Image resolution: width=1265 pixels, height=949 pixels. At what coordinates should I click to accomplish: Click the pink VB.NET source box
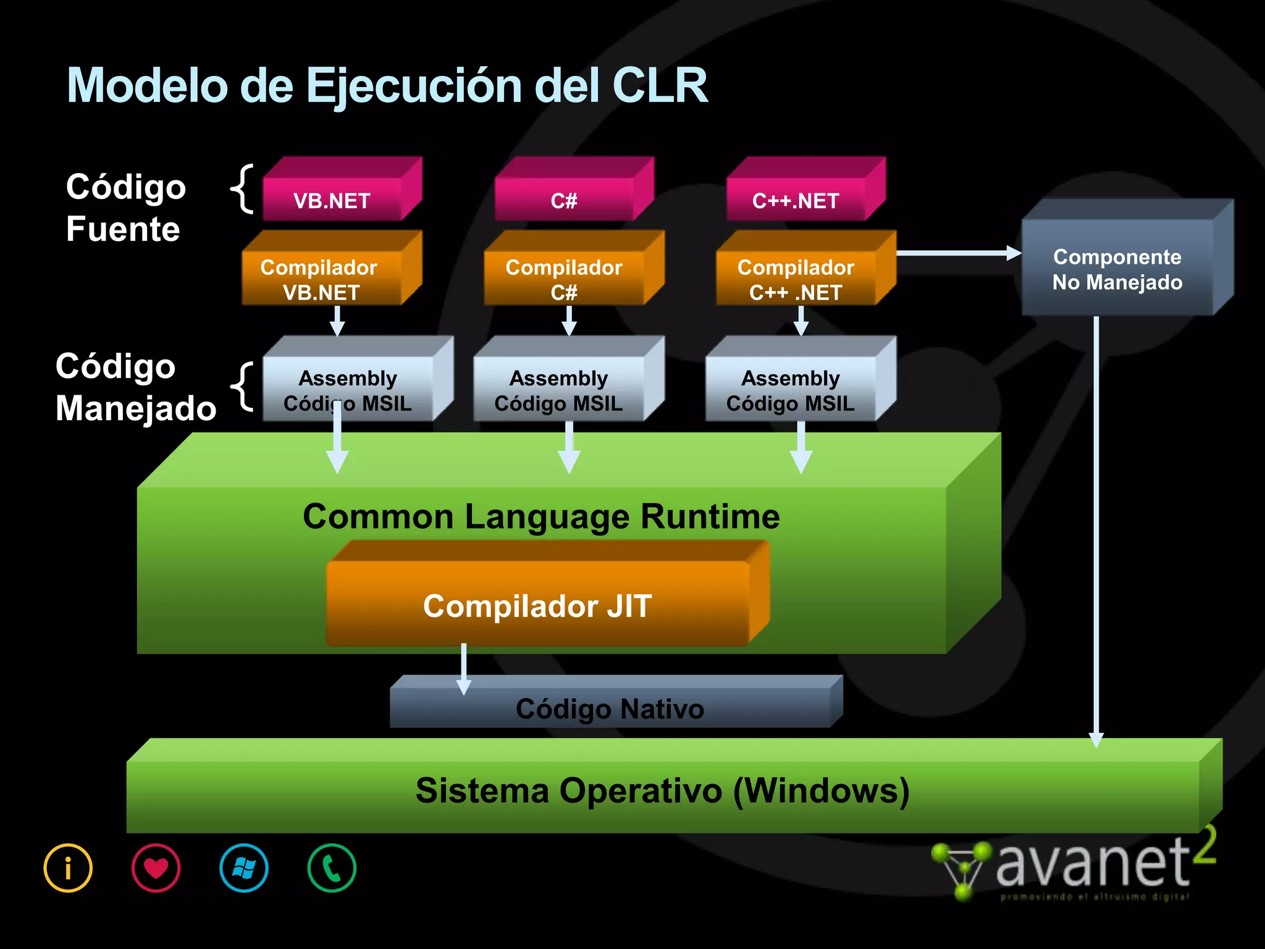[332, 199]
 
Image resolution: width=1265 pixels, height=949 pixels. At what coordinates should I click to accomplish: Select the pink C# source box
[564, 199]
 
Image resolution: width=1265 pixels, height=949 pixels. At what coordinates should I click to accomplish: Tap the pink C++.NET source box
[796, 199]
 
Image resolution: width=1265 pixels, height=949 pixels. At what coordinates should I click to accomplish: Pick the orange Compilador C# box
[564, 279]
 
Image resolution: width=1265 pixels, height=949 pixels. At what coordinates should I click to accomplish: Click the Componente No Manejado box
[1117, 269]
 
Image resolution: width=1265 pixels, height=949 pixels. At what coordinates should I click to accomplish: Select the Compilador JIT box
[537, 605]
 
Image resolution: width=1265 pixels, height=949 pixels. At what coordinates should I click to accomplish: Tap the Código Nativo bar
[610, 708]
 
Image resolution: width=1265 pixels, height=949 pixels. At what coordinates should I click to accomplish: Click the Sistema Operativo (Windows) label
[662, 790]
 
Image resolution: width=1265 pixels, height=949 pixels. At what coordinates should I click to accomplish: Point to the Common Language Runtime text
[541, 516]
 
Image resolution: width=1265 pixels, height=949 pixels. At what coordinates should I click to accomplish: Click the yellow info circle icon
[68, 868]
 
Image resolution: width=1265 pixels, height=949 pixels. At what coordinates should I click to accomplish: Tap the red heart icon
[156, 868]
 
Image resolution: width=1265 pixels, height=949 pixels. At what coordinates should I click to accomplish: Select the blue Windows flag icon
[244, 868]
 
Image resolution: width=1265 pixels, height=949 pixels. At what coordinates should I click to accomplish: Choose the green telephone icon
[332, 868]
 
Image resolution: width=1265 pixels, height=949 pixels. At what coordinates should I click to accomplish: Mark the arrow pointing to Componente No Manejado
[957, 253]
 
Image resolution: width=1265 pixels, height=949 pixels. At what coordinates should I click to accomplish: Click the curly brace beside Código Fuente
[242, 188]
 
